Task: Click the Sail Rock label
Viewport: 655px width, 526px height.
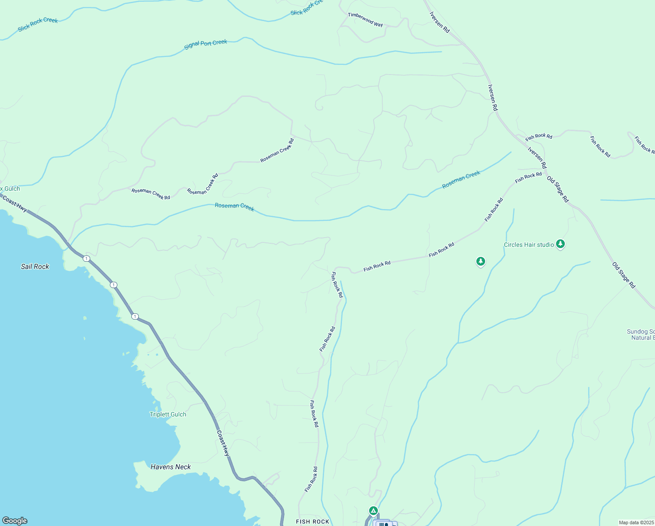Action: pos(35,267)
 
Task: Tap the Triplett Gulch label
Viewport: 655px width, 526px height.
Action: pos(168,414)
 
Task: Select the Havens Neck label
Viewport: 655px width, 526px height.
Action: pos(171,467)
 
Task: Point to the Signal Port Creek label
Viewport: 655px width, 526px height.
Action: pos(205,44)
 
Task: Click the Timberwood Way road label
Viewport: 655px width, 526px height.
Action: pos(365,20)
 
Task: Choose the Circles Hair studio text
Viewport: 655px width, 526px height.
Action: pos(529,245)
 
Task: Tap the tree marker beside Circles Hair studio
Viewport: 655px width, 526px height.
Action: pos(560,244)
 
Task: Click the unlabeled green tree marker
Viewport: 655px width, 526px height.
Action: pos(481,262)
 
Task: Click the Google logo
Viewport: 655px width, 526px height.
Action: pos(15,521)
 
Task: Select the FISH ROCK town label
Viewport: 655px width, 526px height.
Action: pos(312,522)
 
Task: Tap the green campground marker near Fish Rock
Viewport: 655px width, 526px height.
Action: pos(373,511)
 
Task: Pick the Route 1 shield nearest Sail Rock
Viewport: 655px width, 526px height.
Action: pos(86,259)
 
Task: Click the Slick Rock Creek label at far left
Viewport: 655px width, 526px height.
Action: pos(38,25)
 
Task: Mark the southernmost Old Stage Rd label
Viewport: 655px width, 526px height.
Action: pos(623,275)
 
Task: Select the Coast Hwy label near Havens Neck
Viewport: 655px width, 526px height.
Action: pos(223,443)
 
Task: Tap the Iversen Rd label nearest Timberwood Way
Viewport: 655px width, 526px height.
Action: pos(439,22)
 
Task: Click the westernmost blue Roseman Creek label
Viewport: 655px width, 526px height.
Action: pos(234,206)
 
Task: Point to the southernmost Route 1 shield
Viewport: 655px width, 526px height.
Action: pos(135,316)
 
